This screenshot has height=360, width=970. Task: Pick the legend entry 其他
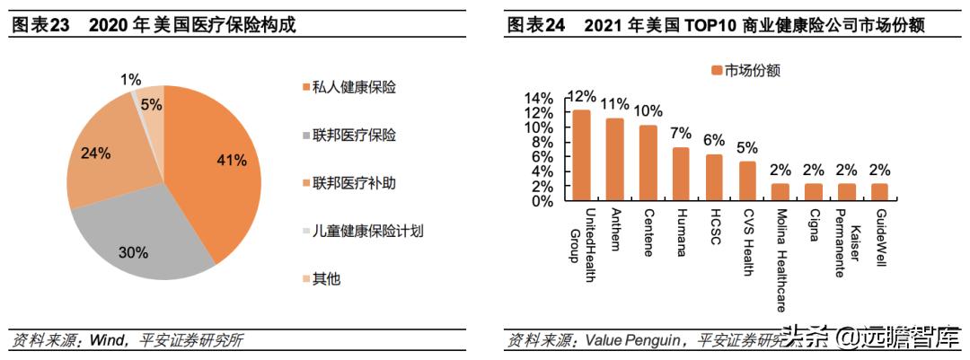[326, 278]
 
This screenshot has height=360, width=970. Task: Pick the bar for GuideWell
[879, 192]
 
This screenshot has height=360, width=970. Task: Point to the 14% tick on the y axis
[538, 98]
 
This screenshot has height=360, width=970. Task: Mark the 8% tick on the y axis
[542, 142]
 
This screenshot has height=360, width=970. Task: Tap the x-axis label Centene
[648, 234]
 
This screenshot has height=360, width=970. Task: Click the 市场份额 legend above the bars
[745, 70]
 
